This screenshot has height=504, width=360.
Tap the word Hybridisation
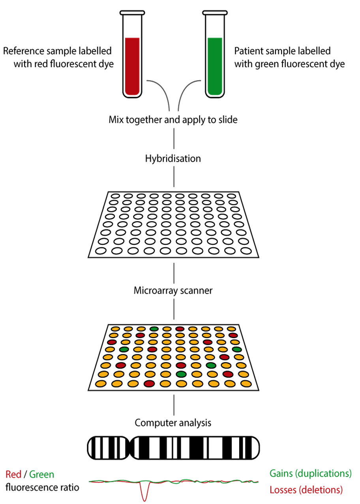(x=173, y=159)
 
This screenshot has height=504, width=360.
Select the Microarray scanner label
(x=173, y=291)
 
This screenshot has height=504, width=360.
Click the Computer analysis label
(x=173, y=423)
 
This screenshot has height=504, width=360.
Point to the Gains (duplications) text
(x=310, y=473)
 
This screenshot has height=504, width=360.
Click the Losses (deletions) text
(x=306, y=490)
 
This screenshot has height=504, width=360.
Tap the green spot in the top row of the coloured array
(x=154, y=329)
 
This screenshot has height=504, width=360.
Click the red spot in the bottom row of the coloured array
(x=149, y=384)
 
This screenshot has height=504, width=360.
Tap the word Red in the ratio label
(x=13, y=474)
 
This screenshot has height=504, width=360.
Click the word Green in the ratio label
(x=42, y=474)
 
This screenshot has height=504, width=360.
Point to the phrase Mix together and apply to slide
(x=173, y=119)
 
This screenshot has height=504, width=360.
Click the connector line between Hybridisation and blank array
(x=173, y=177)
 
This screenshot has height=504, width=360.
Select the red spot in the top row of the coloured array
(x=180, y=329)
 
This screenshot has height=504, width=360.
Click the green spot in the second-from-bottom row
(x=181, y=374)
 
